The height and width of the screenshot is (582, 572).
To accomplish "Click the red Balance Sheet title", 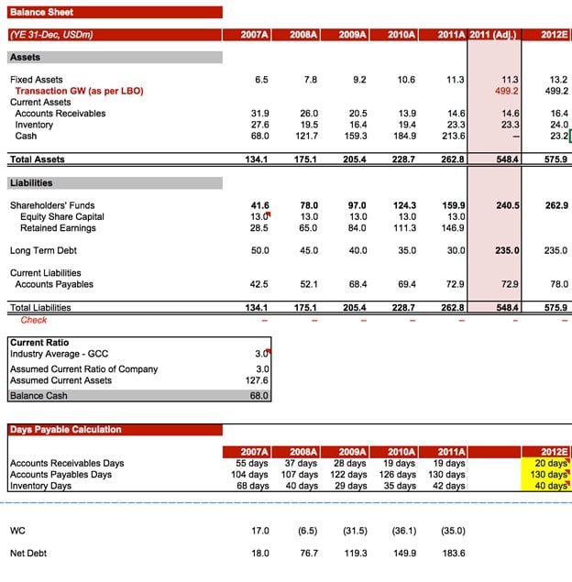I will pyautogui.click(x=41, y=12).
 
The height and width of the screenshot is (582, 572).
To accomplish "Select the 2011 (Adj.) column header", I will pyautogui.click(x=492, y=35).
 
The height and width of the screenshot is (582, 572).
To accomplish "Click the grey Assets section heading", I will pyautogui.click(x=25, y=57).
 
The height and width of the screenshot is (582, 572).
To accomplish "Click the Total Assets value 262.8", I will pyautogui.click(x=453, y=159).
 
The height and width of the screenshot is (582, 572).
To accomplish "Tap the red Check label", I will pyautogui.click(x=33, y=320).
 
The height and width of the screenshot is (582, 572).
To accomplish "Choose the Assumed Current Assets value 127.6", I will pyautogui.click(x=258, y=380).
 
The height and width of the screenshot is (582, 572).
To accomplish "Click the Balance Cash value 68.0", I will pyautogui.click(x=259, y=396).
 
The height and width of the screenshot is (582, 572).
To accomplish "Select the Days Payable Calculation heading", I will pyautogui.click(x=65, y=429).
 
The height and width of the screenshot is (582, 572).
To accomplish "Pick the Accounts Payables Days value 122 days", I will pyautogui.click(x=350, y=474).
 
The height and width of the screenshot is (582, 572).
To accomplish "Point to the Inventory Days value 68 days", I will pyautogui.click(x=252, y=486).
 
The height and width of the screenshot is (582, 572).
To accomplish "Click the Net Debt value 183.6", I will pyautogui.click(x=453, y=554).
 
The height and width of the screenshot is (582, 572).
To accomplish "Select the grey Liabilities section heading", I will pyautogui.click(x=31, y=182).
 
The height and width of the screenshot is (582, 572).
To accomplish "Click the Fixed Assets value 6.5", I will pyautogui.click(x=261, y=80).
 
